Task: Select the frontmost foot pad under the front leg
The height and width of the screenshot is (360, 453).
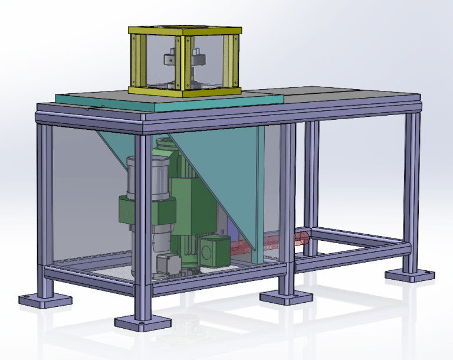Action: pos(143,322)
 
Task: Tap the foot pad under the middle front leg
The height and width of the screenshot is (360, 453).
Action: pos(286,296)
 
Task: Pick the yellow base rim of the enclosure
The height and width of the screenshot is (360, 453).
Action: pos(185,91)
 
